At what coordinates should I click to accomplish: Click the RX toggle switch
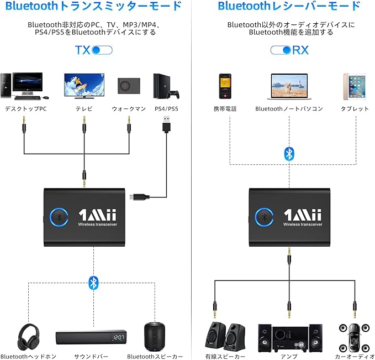pos(281,50)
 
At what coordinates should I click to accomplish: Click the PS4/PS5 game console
pos(163,86)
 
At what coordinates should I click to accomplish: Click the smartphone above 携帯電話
pos(225,86)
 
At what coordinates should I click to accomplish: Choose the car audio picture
pos(353,336)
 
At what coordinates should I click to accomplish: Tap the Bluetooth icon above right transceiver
pos(289,153)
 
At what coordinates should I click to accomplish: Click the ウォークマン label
pos(128,109)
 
